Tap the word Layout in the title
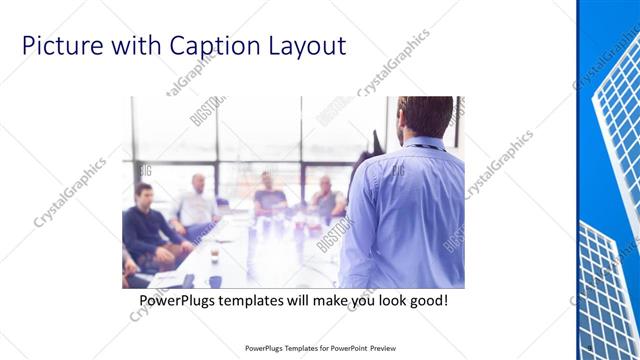pos(306,46)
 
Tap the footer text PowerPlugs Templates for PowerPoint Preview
pos(319,349)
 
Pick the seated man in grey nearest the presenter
pos(327,200)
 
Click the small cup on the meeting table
pos(214,254)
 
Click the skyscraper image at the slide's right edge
pos(610,180)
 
